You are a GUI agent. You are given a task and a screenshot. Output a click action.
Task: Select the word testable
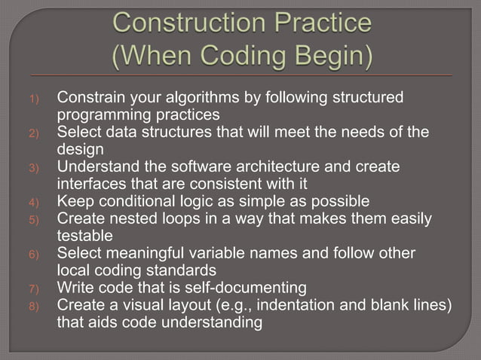coord(83,235)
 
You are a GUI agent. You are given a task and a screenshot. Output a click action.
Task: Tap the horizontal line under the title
coord(240,77)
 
